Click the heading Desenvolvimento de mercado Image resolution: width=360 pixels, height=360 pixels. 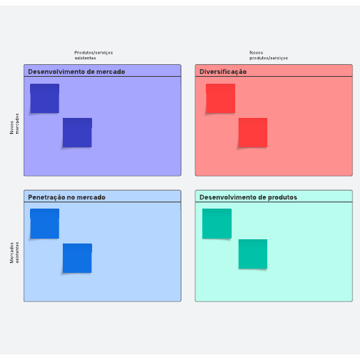[x=76, y=72]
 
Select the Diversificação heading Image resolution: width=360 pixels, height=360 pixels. [x=223, y=72]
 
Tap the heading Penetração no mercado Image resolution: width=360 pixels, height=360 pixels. [x=66, y=197]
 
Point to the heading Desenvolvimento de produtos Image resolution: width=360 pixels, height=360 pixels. [x=248, y=197]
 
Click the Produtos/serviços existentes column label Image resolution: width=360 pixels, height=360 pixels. [x=93, y=55]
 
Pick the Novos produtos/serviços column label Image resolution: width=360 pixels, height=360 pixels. [x=269, y=55]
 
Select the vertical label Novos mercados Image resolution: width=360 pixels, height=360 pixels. [x=14, y=123]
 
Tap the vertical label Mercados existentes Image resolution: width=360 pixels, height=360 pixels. [x=14, y=253]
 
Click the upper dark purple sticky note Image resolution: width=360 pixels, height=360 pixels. [x=45, y=98]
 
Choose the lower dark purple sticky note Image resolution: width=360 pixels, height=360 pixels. [x=77, y=133]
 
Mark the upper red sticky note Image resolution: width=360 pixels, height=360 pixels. [x=220, y=98]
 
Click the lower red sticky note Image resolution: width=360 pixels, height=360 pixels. [x=253, y=133]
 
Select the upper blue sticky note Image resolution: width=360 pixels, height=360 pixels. [x=45, y=223]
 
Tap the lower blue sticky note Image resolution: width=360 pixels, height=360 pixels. [x=77, y=258]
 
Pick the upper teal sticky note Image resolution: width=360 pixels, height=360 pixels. [x=217, y=223]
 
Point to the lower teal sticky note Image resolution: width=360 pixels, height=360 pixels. [x=253, y=254]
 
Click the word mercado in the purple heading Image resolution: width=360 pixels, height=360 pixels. [x=111, y=72]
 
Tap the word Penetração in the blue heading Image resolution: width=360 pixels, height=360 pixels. [x=47, y=197]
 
